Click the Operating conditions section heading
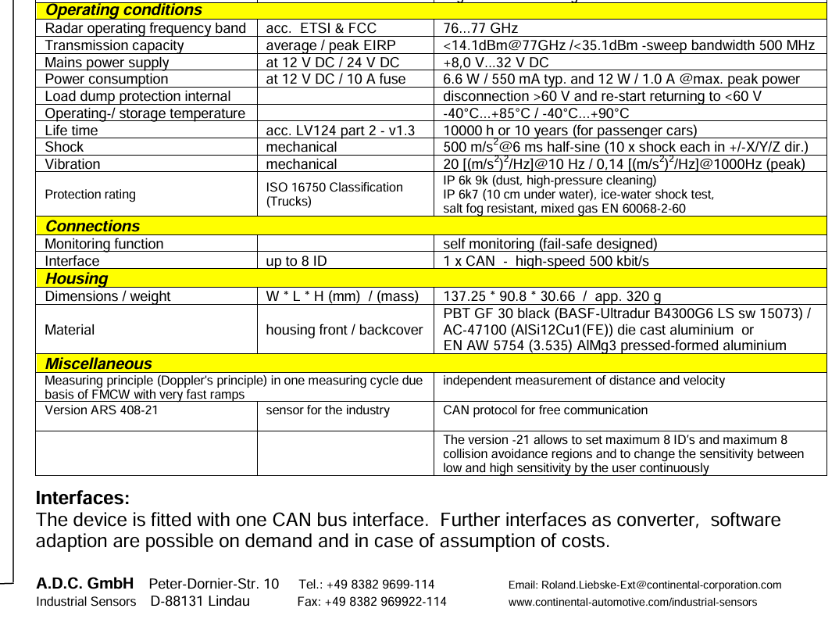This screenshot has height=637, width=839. point(123,10)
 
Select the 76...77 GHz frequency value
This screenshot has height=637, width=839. point(480,28)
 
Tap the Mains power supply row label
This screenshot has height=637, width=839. point(106,63)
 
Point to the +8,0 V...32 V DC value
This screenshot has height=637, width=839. point(495,63)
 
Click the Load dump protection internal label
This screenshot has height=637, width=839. point(137,96)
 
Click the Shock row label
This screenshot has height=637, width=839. point(64,147)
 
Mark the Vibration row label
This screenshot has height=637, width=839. point(72,164)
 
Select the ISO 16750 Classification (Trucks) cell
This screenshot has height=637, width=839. point(334,194)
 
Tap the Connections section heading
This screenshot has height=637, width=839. point(92,226)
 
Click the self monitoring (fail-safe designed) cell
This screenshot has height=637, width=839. point(550,244)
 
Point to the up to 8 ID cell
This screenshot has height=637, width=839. point(296,261)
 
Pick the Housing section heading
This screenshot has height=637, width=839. point(77,278)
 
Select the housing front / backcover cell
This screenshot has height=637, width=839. point(344,330)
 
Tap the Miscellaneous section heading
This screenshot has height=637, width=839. point(98,363)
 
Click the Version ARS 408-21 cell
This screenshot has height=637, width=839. point(101,410)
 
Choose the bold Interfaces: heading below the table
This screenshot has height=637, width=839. point(83,498)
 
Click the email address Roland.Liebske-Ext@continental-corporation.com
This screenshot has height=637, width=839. point(644,585)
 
